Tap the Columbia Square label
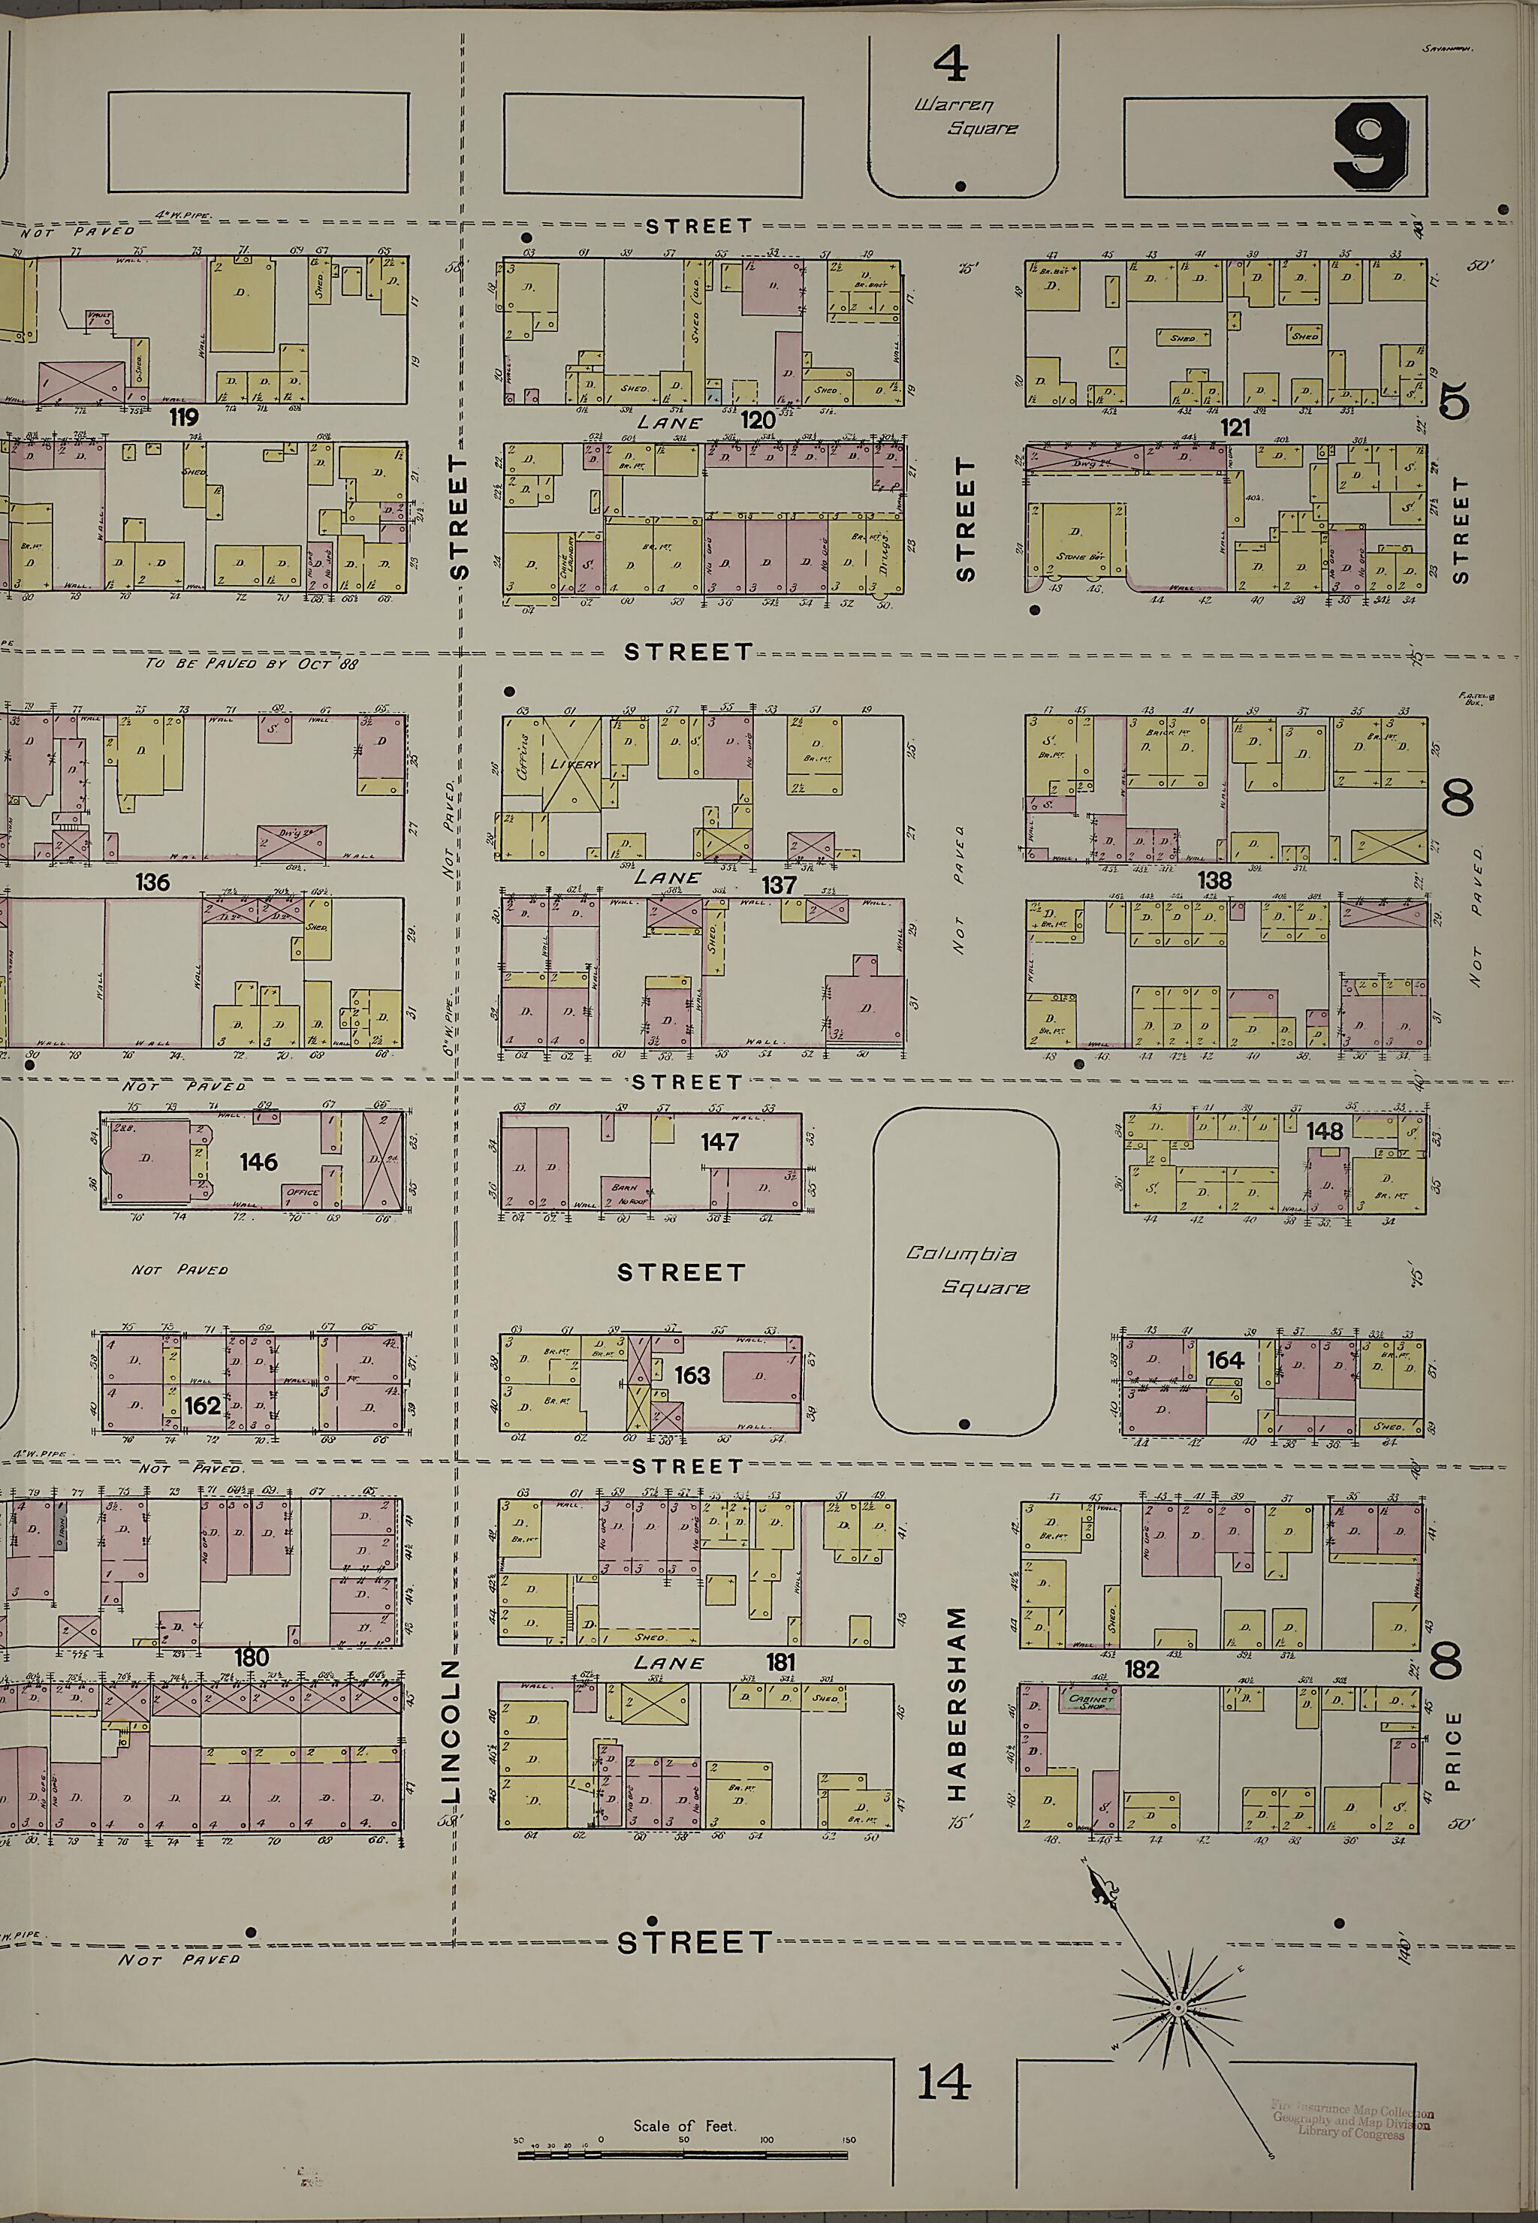(964, 1271)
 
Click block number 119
(183, 418)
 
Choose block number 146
(258, 1161)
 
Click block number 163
(692, 1374)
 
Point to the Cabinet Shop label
(1091, 1700)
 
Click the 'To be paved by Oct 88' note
(251, 664)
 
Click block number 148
(1324, 1130)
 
